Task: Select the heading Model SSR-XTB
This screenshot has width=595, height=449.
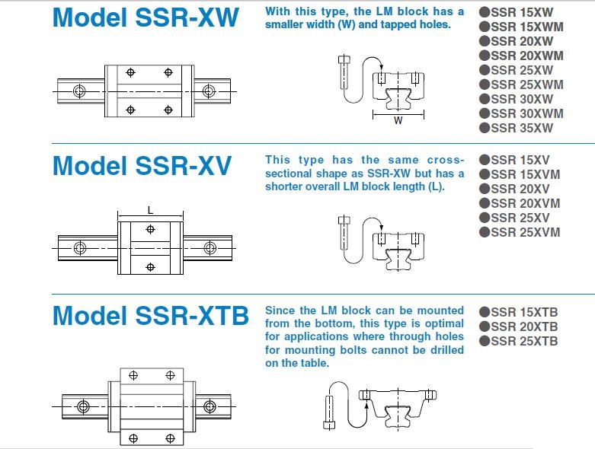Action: (150, 314)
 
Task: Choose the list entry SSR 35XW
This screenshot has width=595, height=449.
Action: (522, 128)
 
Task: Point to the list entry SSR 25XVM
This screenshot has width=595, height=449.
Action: (526, 232)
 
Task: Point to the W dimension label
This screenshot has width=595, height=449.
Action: (398, 120)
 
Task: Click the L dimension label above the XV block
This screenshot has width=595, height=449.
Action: (150, 209)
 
